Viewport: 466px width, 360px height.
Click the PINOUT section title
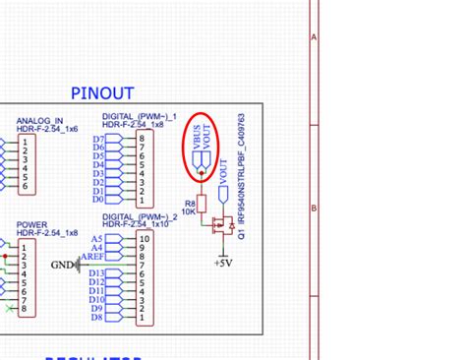pyautogui.click(x=102, y=93)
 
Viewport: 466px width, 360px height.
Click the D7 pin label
pyautogui.click(x=98, y=140)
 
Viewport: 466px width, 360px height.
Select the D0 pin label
pyautogui.click(x=98, y=202)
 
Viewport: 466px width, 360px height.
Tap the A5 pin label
pyautogui.click(x=96, y=239)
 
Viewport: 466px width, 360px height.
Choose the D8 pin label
pyautogui.click(x=97, y=318)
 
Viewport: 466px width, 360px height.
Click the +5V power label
pyautogui.click(x=223, y=263)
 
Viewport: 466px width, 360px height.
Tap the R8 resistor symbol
pyautogui.click(x=202, y=204)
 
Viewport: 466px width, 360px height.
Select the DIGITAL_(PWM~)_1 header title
pyautogui.click(x=139, y=116)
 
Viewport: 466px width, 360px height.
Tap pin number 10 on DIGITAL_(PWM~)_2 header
pyautogui.click(x=146, y=239)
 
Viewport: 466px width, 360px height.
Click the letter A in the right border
pyautogui.click(x=315, y=37)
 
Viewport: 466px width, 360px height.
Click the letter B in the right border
pyautogui.click(x=315, y=208)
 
